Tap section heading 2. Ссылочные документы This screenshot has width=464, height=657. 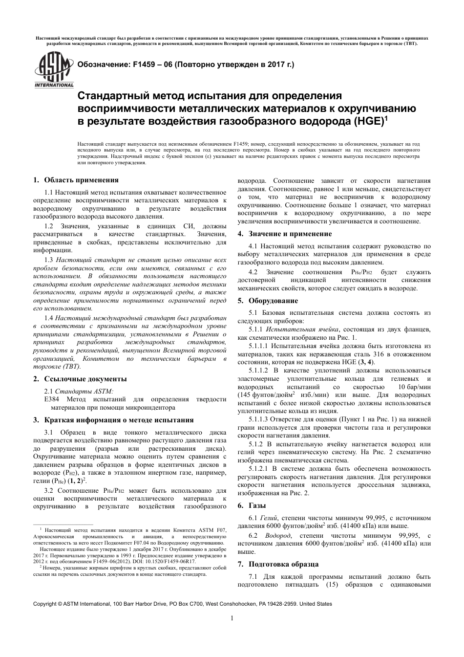(x=80, y=379)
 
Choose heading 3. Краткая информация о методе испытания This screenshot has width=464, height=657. (x=113, y=420)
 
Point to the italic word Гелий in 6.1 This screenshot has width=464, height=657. (x=269, y=518)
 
